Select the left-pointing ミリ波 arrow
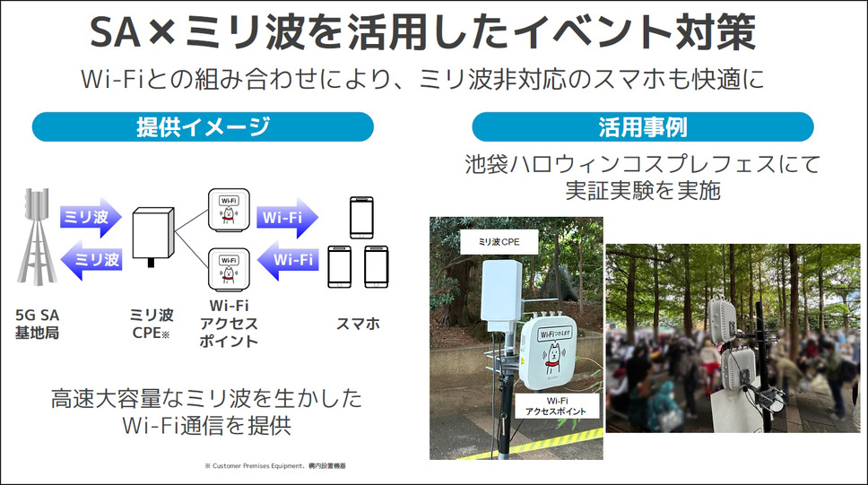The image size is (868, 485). (91, 260)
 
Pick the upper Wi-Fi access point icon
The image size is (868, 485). (229, 210)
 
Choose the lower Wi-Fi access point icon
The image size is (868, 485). (229, 270)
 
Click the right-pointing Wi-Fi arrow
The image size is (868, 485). (287, 218)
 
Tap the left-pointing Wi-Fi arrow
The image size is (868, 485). (287, 260)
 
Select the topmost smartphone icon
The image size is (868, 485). (361, 218)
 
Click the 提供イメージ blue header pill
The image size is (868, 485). (203, 126)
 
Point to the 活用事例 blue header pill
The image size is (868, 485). (643, 126)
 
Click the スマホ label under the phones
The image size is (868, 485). (358, 324)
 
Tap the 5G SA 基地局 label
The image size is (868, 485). (37, 324)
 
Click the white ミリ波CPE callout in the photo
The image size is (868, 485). (499, 242)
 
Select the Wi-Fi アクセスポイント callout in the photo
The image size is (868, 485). (557, 406)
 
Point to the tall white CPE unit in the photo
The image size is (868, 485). (501, 296)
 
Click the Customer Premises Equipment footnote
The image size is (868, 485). (275, 466)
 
